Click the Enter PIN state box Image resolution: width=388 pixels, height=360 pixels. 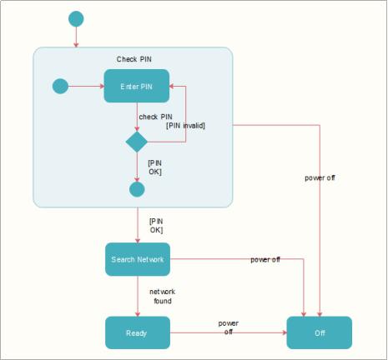137,86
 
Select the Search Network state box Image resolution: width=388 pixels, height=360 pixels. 138,259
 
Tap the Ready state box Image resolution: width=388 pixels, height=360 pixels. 138,332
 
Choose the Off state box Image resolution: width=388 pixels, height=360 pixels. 320,332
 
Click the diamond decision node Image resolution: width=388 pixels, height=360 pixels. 137,142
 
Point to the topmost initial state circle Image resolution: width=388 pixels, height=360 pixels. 76,19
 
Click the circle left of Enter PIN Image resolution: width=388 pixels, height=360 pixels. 60,86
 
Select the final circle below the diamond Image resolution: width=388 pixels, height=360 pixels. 137,189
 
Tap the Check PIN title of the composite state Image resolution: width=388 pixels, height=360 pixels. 134,59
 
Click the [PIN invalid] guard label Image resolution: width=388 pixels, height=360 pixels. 185,126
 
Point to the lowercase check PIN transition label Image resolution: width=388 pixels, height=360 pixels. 155,117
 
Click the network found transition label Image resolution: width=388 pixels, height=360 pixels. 163,296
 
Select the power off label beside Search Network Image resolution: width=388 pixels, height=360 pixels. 265,259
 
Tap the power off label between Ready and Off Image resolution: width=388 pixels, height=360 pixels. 229,327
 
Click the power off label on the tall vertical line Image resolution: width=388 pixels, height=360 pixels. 320,177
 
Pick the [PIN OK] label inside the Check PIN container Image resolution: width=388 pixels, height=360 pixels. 155,167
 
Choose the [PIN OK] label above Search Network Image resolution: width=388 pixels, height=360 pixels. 156,226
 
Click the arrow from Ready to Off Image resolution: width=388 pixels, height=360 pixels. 229,332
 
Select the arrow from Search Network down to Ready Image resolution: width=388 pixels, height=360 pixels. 138,296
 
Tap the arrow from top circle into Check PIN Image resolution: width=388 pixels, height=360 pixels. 76,37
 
